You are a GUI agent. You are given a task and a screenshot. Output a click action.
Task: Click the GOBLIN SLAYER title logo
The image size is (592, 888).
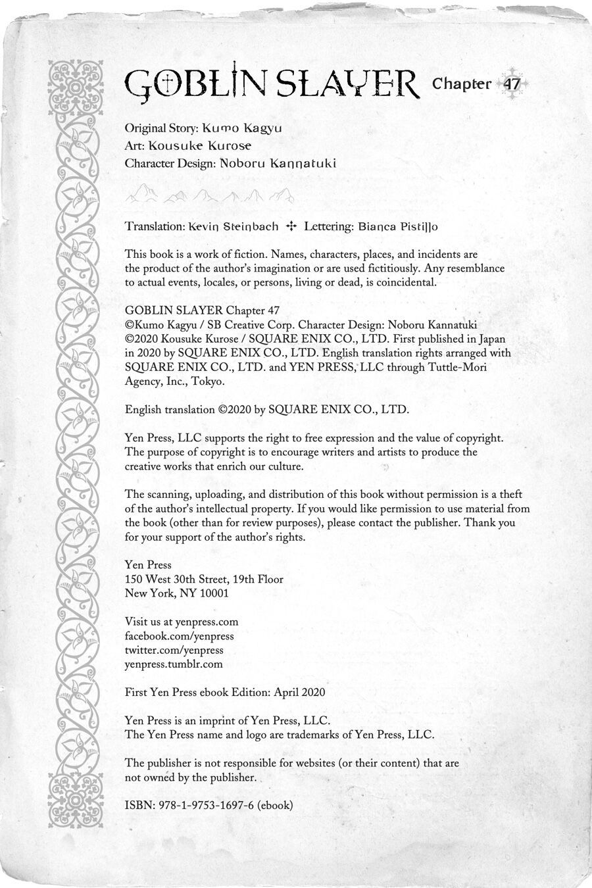point(271,84)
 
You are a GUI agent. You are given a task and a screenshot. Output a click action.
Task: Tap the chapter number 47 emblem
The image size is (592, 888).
point(512,84)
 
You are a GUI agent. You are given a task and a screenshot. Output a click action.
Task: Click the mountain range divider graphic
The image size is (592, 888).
point(210,194)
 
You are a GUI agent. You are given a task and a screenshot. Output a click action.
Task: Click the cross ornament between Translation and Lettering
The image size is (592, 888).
point(291,226)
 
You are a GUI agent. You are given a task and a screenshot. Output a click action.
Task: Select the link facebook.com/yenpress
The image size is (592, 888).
point(179,636)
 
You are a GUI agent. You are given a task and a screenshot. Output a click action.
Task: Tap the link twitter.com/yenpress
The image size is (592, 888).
point(174,650)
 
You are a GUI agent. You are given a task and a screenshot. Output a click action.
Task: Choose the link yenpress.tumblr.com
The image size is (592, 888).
point(174,664)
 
